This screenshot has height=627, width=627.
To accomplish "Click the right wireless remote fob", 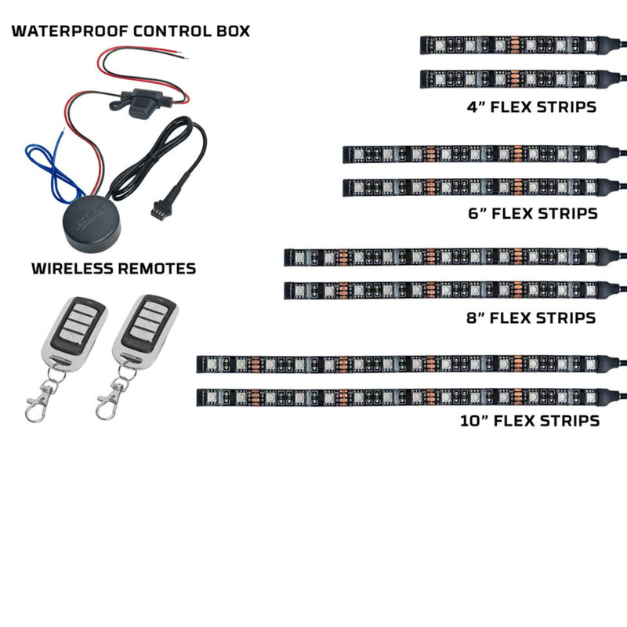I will [x=145, y=330].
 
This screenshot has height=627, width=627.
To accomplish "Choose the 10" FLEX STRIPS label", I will [x=530, y=421].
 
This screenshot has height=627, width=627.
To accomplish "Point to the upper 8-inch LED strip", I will [x=447, y=257].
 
